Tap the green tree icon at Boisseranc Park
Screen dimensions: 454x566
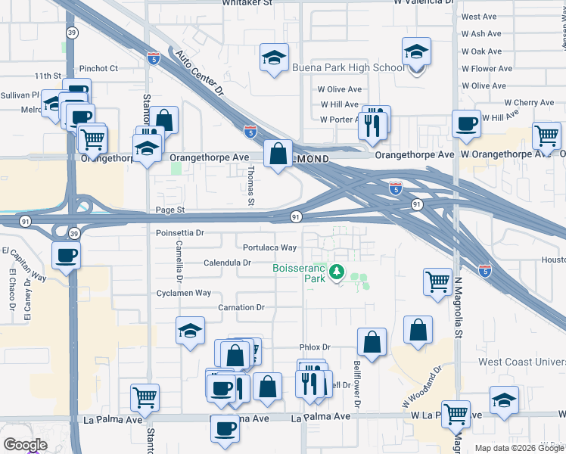click(335, 273)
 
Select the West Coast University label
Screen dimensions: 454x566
click(521, 362)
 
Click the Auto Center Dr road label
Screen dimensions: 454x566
click(201, 74)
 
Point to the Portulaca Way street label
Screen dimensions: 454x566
click(269, 247)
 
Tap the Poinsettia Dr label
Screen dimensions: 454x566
click(180, 234)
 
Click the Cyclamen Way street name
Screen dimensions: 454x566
click(185, 293)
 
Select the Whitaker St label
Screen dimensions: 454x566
click(247, 3)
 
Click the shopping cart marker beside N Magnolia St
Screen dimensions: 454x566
click(438, 281)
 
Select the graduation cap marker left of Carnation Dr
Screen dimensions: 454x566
click(190, 331)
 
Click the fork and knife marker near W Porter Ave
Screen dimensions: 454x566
click(372, 125)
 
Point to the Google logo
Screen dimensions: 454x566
click(25, 445)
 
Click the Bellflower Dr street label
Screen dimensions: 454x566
click(357, 385)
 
